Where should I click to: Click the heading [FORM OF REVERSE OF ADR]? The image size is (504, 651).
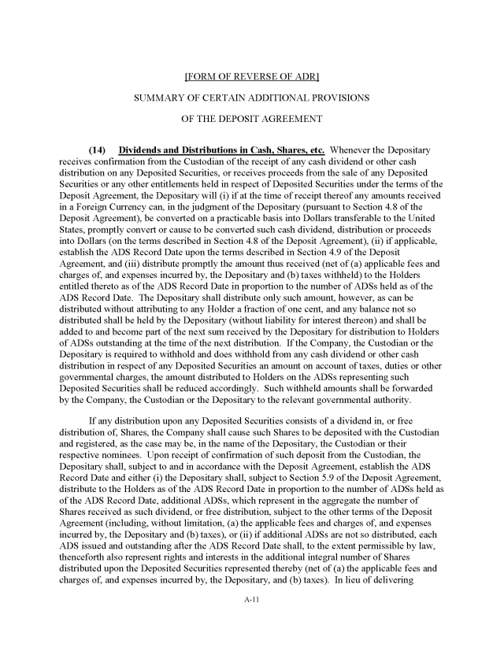pos(251,77)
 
